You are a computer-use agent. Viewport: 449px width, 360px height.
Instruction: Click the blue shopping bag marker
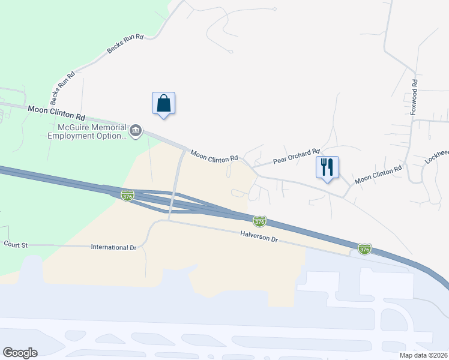[x=164, y=104]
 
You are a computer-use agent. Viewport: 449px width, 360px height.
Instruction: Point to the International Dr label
[x=113, y=247]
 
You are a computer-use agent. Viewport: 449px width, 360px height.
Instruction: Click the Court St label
[x=16, y=244]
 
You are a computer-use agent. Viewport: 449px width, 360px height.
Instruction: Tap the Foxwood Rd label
[x=413, y=96]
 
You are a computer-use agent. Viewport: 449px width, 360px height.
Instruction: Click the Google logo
[x=20, y=353]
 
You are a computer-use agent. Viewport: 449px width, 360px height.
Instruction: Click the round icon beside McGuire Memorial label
[x=136, y=131]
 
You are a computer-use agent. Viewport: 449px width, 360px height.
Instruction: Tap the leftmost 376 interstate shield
[x=127, y=196]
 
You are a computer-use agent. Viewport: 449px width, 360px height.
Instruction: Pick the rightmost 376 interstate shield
[x=364, y=248]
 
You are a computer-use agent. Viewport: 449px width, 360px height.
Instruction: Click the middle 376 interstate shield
[x=259, y=221]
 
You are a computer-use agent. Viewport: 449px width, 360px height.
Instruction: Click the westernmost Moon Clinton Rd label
[x=56, y=112]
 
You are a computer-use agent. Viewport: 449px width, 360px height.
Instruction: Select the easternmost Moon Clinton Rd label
[x=378, y=175]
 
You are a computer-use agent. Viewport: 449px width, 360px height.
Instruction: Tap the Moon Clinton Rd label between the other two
[x=214, y=155]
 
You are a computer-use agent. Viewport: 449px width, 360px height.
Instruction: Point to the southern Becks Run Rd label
[x=62, y=85]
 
